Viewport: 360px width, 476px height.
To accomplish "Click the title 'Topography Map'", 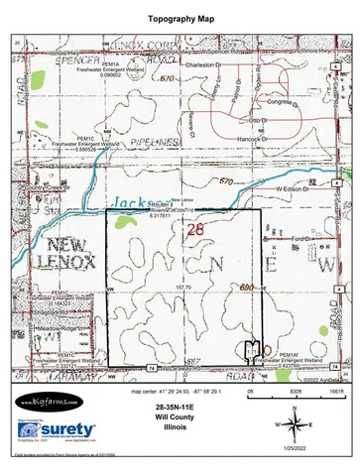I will [x=180, y=19].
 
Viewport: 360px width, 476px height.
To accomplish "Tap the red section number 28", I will [x=194, y=227].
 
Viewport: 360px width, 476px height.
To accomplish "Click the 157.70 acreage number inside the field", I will [x=182, y=289].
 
